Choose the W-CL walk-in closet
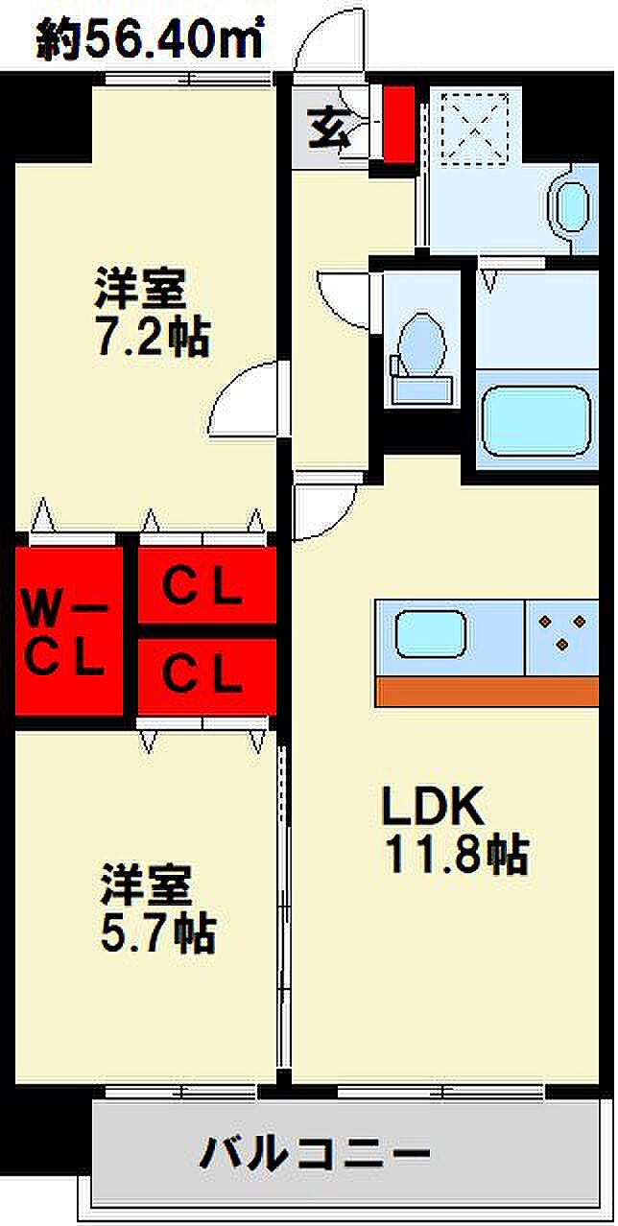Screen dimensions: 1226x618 65,630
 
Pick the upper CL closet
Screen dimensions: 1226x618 202,589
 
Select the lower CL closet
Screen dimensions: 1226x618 202,675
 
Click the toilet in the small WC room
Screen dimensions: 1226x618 420,355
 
